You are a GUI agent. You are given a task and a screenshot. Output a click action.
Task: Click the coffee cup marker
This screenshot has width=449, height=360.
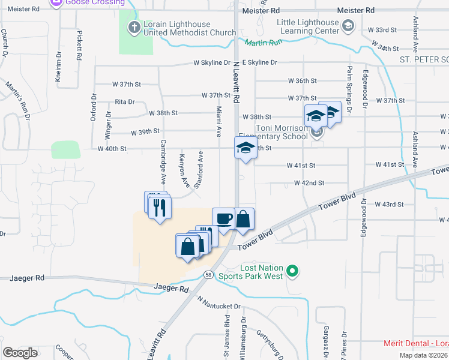[223, 218]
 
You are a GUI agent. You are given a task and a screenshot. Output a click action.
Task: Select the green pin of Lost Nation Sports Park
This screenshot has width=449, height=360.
[292, 272]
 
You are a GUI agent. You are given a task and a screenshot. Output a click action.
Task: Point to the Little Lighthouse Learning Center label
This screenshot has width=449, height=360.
[307, 26]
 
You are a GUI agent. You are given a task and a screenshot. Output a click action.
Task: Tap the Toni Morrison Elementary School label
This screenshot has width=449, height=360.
[282, 132]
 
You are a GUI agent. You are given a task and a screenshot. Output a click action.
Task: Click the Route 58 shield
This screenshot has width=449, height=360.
[208, 274]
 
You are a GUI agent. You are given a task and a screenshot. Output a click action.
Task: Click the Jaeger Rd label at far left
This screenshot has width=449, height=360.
[28, 278]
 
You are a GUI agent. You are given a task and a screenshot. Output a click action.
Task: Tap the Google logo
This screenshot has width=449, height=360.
[20, 352]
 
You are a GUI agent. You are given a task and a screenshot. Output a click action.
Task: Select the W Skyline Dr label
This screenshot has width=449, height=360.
[212, 62]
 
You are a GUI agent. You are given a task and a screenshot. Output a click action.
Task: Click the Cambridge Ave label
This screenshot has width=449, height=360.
[162, 162]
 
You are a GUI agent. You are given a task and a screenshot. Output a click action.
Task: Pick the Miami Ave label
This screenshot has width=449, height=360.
[219, 121]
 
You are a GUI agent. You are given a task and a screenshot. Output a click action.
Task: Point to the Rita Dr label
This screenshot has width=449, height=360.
[125, 103]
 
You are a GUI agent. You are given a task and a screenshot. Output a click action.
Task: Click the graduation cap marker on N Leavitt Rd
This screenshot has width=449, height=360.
[245, 148]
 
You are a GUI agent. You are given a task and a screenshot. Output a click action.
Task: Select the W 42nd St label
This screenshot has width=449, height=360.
[309, 182]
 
